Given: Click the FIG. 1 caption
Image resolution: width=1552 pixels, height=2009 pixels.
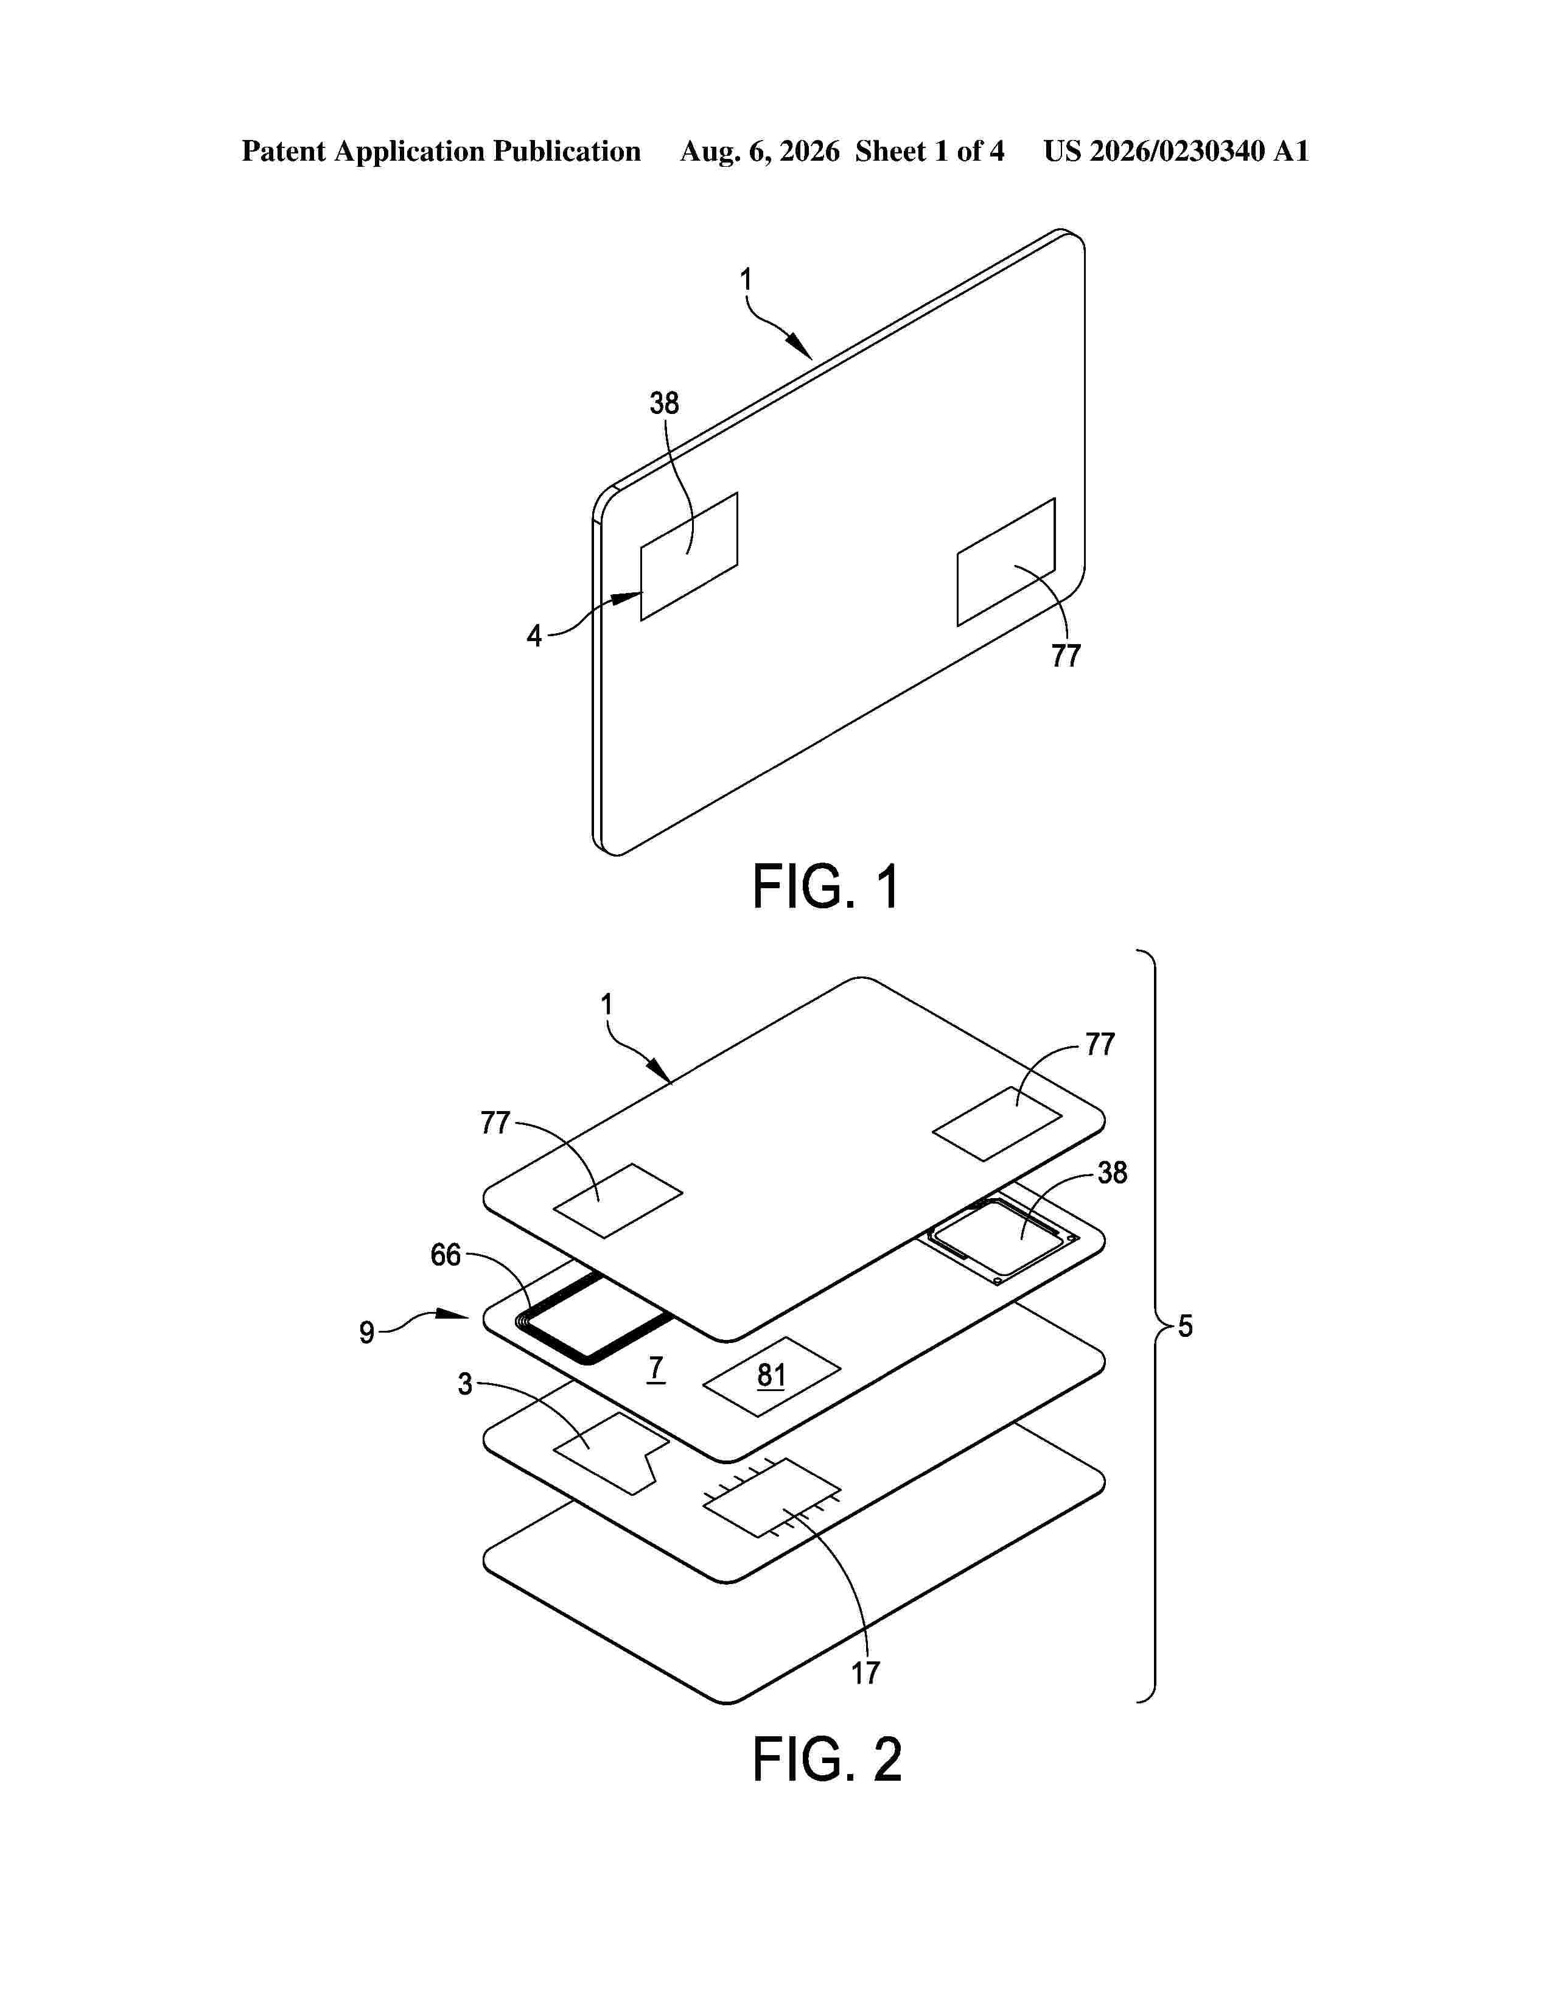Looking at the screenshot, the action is pos(826,887).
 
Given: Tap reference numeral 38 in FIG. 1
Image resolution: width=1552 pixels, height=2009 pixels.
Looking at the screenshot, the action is pos(664,403).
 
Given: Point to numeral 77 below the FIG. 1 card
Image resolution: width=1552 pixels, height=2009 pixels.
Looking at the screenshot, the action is pos(1066,656).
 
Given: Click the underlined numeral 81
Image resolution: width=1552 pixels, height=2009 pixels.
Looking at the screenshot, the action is pos(771,1376).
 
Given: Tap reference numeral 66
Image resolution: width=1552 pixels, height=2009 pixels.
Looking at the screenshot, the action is pos(446,1255).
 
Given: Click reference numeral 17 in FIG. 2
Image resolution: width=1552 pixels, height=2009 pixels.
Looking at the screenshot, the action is pos(865,1673).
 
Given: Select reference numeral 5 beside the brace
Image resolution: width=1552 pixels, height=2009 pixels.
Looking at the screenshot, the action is pos(1185,1327).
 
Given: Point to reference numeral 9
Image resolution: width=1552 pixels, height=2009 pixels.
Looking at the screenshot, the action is pos(367,1333).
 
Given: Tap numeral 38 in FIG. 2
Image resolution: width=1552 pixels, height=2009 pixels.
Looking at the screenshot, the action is pos(1113,1173).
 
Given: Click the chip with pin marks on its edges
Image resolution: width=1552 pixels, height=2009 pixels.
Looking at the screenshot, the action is pos(771,1496).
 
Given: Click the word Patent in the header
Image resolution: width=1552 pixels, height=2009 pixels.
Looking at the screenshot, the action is pos(283,152).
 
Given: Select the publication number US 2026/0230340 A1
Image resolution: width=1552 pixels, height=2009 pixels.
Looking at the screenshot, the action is pos(1176,152).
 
